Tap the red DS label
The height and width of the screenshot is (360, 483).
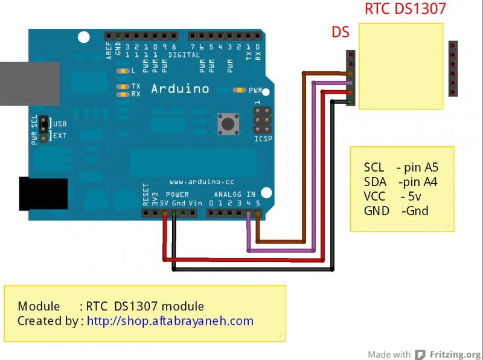[341, 32]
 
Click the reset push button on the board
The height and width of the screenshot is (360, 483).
[228, 124]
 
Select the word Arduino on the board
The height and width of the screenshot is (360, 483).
[179, 89]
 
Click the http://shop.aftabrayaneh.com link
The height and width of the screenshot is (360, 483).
[170, 321]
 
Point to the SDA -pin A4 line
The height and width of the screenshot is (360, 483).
[401, 182]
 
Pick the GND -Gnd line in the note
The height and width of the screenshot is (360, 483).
[396, 211]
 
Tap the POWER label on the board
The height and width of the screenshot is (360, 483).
[178, 194]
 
